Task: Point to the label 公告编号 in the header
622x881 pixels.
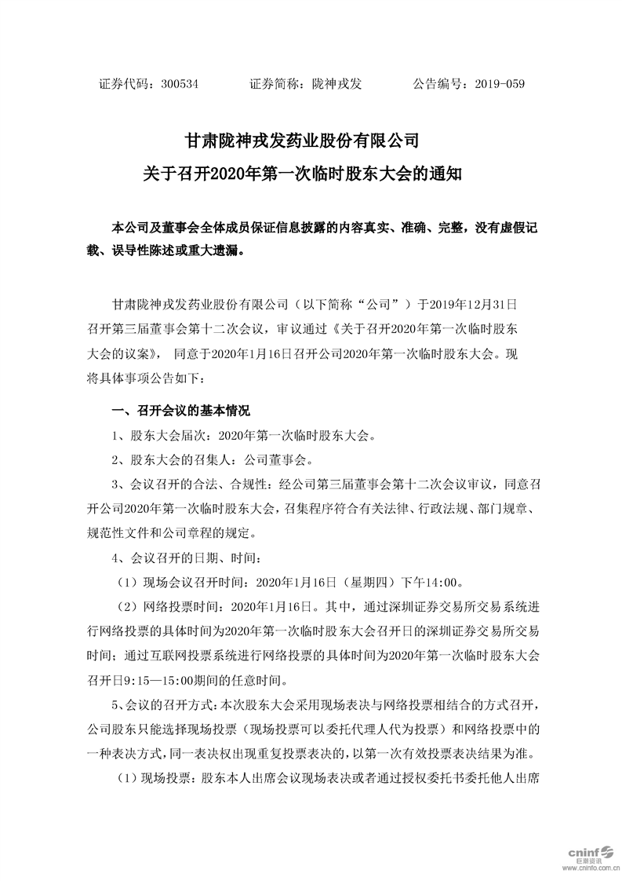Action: pos(439,83)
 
